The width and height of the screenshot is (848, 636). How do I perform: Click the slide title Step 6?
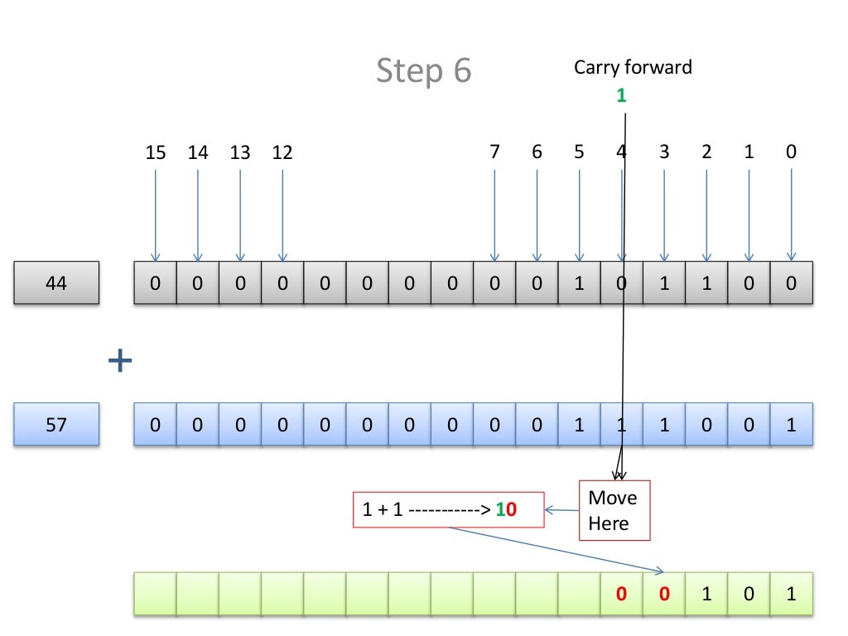[423, 71]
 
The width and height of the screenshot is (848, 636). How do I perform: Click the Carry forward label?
[633, 67]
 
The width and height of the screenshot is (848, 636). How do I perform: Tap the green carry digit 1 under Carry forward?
[621, 96]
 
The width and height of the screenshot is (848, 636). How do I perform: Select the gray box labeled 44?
[56, 283]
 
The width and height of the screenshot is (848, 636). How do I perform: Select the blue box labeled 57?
[56, 425]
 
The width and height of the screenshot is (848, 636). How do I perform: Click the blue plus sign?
[120, 360]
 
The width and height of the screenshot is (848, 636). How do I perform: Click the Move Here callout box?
[614, 510]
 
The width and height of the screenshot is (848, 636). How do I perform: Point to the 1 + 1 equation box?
[447, 510]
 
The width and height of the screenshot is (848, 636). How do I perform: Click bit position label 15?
[155, 152]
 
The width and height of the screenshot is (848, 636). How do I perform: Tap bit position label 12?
[282, 152]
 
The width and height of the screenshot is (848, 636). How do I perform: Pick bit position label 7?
[494, 152]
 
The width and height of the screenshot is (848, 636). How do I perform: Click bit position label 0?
[791, 152]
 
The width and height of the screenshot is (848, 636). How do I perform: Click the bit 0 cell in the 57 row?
[791, 425]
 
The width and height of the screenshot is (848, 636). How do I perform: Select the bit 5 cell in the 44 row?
[579, 283]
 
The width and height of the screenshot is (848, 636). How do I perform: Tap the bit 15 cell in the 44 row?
[155, 283]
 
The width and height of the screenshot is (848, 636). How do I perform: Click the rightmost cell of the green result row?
[791, 594]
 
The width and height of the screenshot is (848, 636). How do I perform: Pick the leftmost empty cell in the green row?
[155, 594]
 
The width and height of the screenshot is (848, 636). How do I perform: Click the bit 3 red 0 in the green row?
[664, 594]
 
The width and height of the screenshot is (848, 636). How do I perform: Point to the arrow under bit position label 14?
[198, 215]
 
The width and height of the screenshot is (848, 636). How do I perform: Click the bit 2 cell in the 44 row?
[706, 283]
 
